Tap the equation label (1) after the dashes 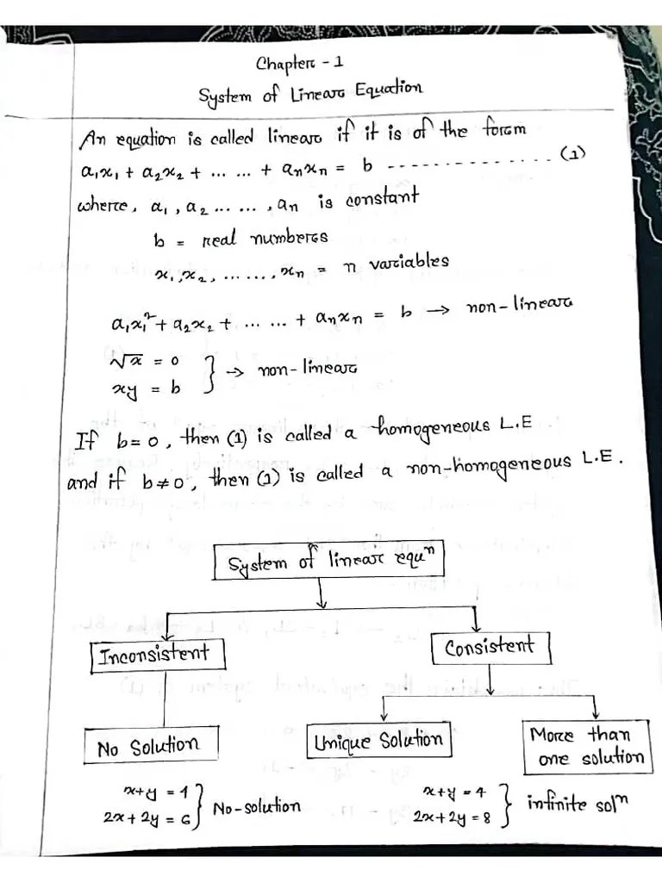pyautogui.click(x=573, y=154)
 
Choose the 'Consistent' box pyautogui.click(x=489, y=646)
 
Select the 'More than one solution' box pyautogui.click(x=586, y=747)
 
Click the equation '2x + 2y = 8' pyautogui.click(x=452, y=817)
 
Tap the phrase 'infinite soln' pyautogui.click(x=578, y=804)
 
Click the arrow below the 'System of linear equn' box pyautogui.click(x=322, y=594)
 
